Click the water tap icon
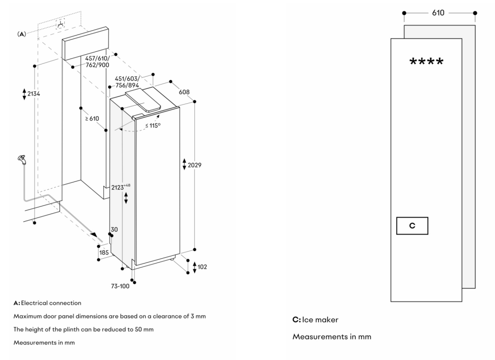[21, 159]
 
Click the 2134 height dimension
[33, 94]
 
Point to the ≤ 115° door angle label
[153, 126]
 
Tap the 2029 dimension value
[194, 165]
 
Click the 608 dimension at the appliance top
[184, 92]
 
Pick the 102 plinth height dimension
[202, 267]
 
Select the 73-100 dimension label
[120, 286]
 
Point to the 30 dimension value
[114, 230]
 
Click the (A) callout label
[22, 35]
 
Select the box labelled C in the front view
[412, 226]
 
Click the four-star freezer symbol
[426, 62]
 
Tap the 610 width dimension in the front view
[438, 13]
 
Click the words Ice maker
[320, 320]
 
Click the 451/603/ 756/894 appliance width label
[127, 82]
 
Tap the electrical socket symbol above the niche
[60, 24]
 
